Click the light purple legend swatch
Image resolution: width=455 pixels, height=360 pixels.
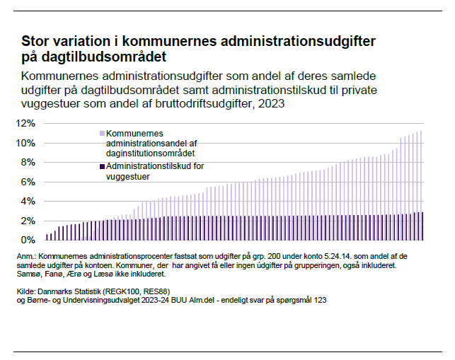[102, 132]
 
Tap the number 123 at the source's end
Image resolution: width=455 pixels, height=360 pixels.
[318, 301]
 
